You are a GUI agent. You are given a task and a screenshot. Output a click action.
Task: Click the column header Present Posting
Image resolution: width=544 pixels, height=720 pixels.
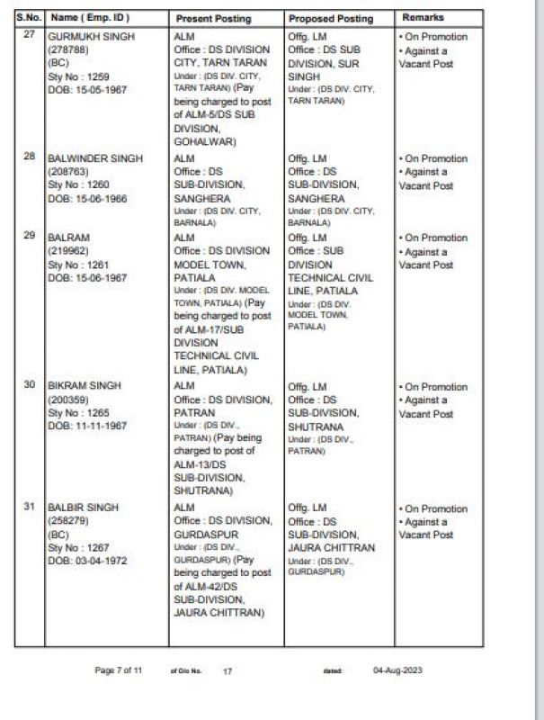coord(213,18)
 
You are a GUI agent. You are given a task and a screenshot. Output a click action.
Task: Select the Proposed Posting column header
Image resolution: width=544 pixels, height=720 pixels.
coord(330,18)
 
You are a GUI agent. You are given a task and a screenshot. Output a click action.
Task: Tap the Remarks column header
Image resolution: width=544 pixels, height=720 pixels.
coord(423,18)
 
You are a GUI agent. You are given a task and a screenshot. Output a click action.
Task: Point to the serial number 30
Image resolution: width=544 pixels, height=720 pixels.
coord(30,385)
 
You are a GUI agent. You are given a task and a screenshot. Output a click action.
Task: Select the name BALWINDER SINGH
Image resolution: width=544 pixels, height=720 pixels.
coord(94,158)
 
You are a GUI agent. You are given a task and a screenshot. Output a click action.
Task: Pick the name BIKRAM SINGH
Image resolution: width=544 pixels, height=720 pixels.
coord(84,386)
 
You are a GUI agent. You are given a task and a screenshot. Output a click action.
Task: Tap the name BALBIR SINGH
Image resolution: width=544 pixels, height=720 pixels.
coord(83,508)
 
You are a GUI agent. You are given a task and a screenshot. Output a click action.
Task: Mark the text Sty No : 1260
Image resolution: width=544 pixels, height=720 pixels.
coord(80,185)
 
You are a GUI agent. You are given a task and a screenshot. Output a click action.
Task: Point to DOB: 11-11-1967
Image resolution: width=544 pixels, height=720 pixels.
coord(87,426)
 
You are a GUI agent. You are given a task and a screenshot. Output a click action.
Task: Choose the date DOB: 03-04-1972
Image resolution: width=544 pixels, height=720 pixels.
coord(87,561)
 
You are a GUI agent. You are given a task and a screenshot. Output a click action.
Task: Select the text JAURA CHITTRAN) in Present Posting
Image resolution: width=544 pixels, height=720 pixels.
coord(218,612)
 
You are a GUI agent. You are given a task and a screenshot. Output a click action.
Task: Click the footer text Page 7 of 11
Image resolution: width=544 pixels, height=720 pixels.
coord(119,670)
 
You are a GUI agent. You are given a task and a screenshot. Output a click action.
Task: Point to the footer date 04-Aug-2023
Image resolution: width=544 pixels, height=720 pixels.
coord(397,670)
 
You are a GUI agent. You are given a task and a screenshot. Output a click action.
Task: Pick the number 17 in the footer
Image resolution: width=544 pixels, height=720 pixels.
coord(227,671)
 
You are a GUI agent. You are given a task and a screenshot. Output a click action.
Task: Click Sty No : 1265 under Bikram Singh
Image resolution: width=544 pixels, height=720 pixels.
coord(80,412)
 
